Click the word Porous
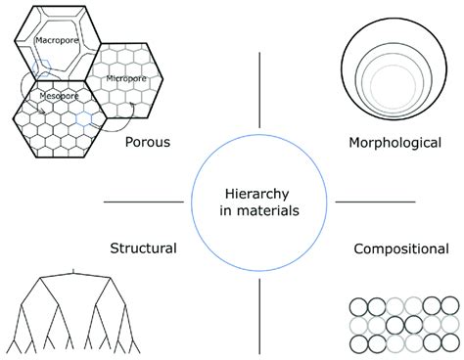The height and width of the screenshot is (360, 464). tap(148, 143)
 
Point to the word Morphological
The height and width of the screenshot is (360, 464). tap(394, 143)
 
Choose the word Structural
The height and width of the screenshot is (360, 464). tap(142, 247)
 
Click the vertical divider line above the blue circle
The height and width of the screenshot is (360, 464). tap(259, 92)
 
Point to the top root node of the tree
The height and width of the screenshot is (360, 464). tap(74, 271)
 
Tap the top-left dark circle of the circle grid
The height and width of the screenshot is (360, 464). tap(356, 306)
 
